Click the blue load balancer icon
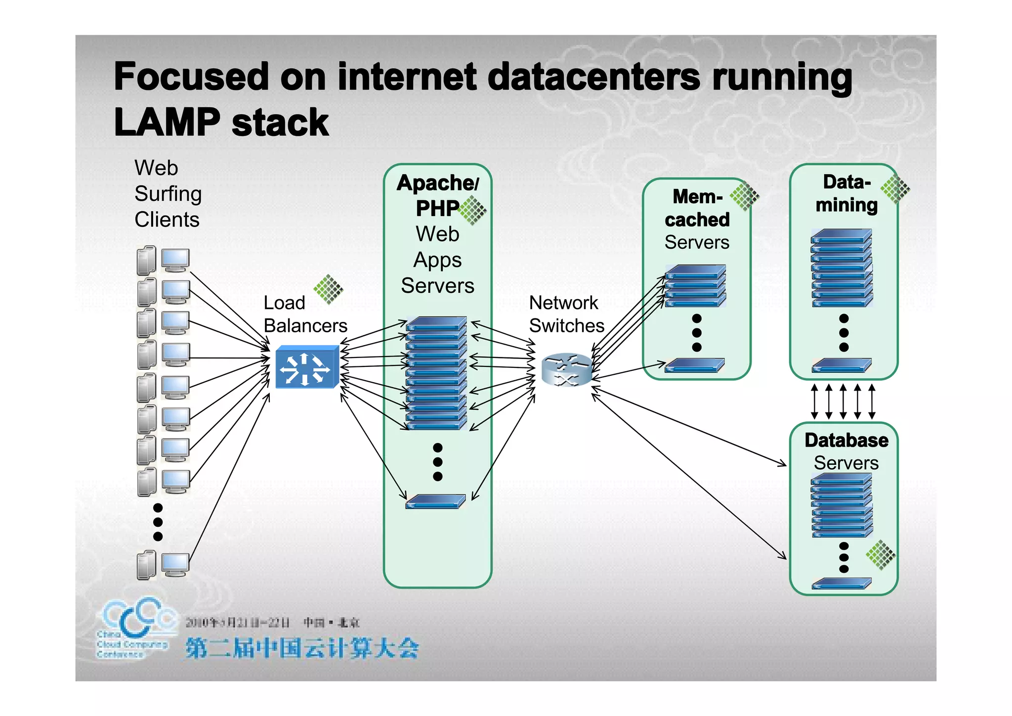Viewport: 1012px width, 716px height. point(306,367)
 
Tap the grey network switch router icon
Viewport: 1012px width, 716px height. point(566,370)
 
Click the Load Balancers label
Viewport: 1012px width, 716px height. point(305,314)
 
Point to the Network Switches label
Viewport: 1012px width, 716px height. point(566,314)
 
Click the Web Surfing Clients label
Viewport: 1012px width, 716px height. point(168,194)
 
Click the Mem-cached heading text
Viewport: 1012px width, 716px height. point(697,208)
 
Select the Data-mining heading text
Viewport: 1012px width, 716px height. point(846,193)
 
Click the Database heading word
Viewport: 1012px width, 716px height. point(846,440)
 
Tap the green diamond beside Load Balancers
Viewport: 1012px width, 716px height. point(328,289)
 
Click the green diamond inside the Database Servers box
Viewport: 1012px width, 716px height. point(881,555)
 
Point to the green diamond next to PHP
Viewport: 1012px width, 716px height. point(473,210)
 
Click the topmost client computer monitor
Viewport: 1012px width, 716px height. point(175,260)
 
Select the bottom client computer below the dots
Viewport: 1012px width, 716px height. point(163,565)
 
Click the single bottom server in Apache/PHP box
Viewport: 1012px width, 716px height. point(435,501)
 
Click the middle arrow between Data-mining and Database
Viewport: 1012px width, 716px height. point(843,401)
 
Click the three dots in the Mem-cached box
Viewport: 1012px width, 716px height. point(697,333)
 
